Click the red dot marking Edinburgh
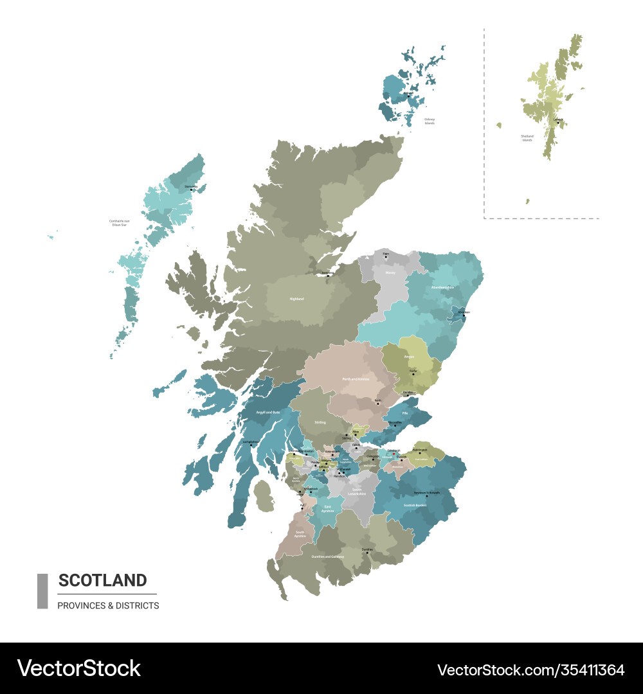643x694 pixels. click(394, 454)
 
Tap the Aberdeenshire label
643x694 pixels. click(442, 287)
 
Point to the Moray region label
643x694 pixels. click(390, 272)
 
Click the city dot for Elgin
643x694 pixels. click(386, 257)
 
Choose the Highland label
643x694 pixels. click(296, 299)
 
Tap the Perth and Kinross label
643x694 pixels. click(356, 379)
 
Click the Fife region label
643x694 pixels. click(405, 414)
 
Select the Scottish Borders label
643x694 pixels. click(415, 505)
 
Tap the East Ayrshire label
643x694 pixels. click(328, 508)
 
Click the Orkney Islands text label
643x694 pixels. click(430, 121)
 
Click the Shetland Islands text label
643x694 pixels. click(527, 138)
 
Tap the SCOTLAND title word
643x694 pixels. click(102, 580)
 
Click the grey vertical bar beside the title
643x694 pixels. click(42, 591)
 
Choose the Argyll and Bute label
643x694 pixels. click(268, 411)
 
